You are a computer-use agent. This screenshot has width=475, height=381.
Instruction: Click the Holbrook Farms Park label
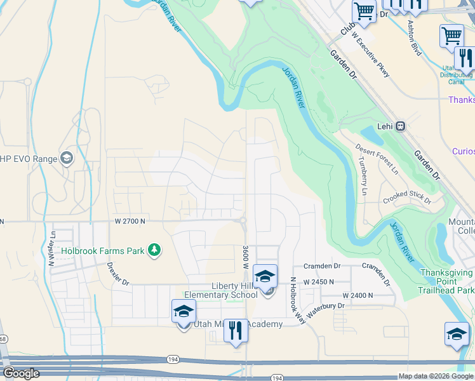[103, 251]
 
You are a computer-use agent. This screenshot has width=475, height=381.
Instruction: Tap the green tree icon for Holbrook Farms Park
[154, 250]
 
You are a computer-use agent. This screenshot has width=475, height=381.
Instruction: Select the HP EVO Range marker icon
[66, 158]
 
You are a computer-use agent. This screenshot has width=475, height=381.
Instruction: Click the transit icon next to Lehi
[401, 126]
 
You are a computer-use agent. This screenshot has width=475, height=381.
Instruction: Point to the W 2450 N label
[318, 281]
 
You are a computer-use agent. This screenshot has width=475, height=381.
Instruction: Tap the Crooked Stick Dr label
[407, 199]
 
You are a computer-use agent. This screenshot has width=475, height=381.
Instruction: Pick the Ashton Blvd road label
[414, 37]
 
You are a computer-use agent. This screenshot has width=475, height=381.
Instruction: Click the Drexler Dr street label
[117, 274]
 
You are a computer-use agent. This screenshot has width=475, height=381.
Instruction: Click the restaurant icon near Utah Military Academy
[236, 330]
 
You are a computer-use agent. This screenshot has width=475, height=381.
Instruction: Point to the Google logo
[21, 373]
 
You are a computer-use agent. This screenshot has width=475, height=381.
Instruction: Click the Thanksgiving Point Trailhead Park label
[446, 281]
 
